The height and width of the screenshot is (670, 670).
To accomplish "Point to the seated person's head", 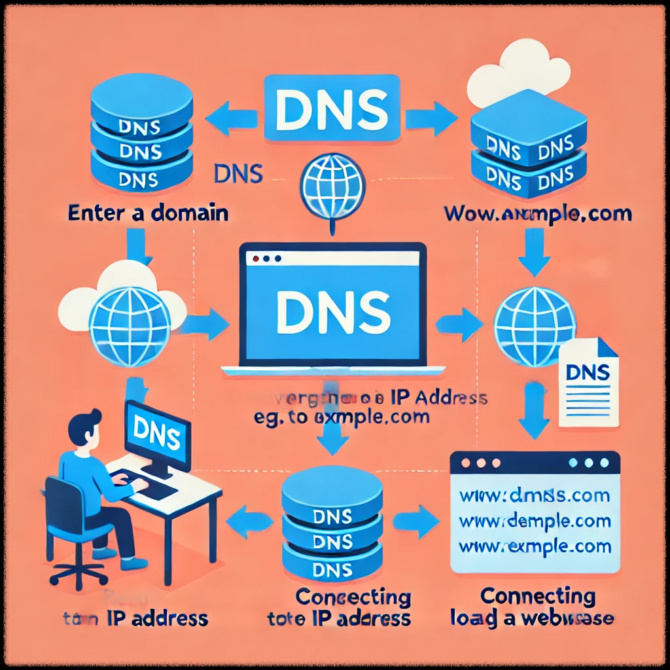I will point(86,428).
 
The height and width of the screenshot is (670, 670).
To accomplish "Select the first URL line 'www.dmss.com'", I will point(535,495).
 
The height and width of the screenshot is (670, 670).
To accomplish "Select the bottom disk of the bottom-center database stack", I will point(332,566).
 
